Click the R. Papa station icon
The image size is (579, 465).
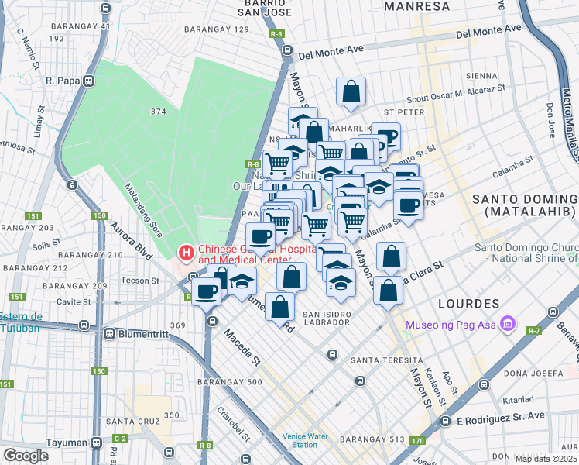[x=90, y=80]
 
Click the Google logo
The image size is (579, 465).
[x=26, y=455]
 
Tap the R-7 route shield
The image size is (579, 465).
[x=534, y=331]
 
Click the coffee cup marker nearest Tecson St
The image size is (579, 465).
[x=207, y=292]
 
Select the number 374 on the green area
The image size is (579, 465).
[x=159, y=112]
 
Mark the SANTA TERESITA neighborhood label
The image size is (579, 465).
[x=386, y=360]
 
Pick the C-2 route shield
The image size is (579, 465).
[x=120, y=439]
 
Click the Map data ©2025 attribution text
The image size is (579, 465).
[x=546, y=459]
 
